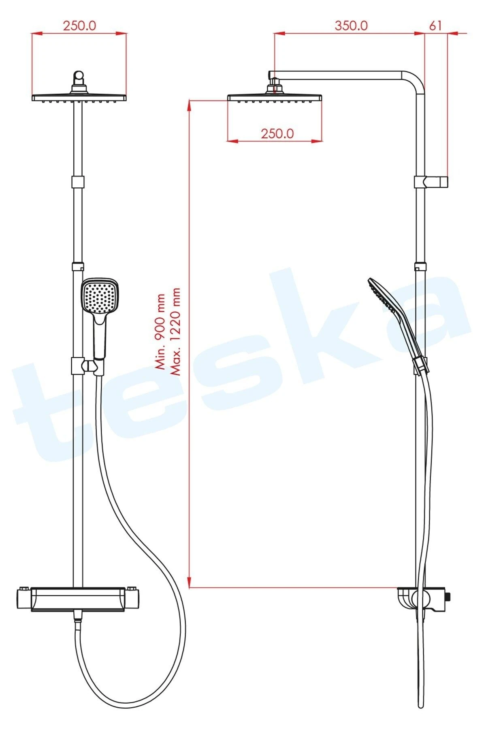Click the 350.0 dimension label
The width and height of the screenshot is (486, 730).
[351, 25]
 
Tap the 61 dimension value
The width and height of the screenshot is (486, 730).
[435, 25]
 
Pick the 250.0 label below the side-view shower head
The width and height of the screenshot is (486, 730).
[277, 133]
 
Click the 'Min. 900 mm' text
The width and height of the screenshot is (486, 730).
[161, 332]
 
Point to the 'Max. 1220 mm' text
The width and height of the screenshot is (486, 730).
[175, 332]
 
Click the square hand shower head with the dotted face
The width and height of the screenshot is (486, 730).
[100, 296]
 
